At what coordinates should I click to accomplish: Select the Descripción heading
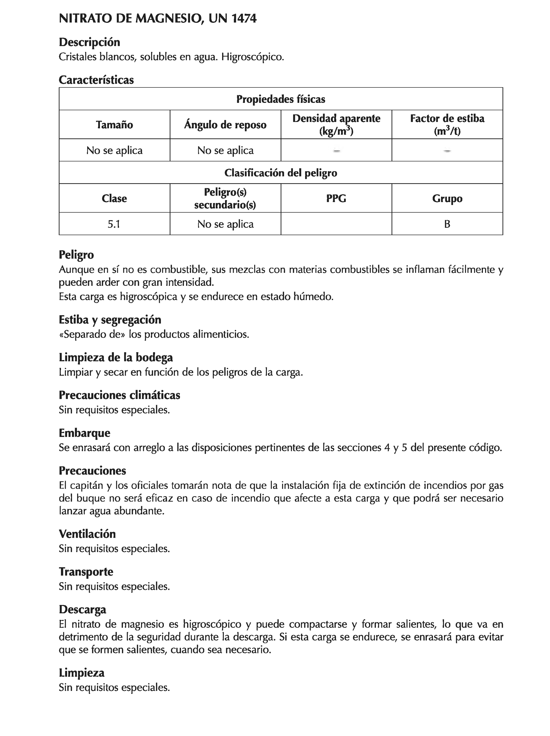pos(89,42)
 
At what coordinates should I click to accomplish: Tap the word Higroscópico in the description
pos(252,57)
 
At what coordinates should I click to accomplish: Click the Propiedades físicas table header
pos(280,99)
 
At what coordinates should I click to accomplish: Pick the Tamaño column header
pos(114,125)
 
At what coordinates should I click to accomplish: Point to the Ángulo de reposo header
pos(225,125)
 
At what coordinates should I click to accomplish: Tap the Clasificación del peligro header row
pos(280,173)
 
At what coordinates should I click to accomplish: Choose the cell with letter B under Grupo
pos(447,224)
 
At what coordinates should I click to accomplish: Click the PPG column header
pos(336,198)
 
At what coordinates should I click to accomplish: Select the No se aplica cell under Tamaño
pos(114,150)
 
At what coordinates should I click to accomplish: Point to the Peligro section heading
pos(76,255)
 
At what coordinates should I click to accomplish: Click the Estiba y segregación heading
pos(110,320)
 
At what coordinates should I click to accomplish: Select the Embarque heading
pos(85,433)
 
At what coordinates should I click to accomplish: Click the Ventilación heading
pos(87,534)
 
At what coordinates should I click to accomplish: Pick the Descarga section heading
pos(82,610)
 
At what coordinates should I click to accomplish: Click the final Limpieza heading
pos(82,673)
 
